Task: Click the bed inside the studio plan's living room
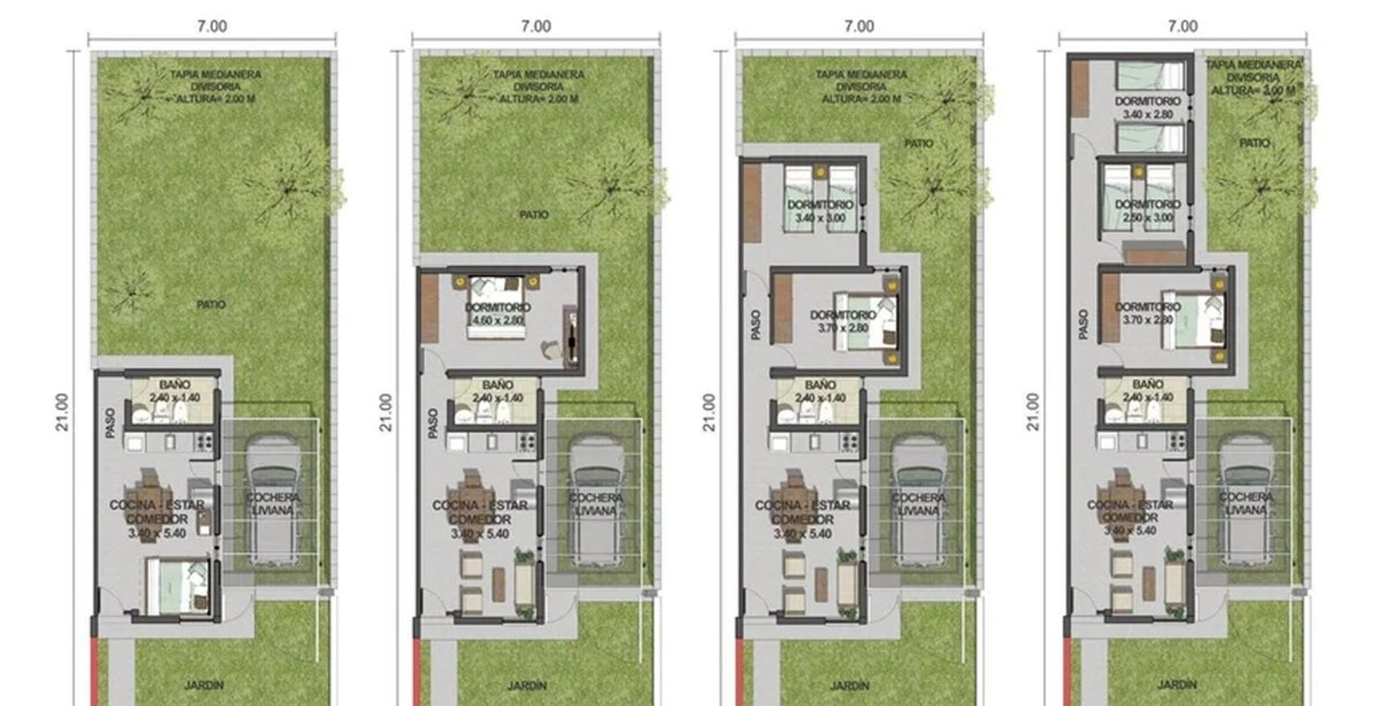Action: point(177,586)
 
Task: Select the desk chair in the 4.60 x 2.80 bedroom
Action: point(550,350)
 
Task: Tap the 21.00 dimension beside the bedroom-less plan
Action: point(62,412)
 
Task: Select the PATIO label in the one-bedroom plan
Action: point(534,214)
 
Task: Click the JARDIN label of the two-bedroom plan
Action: point(849,686)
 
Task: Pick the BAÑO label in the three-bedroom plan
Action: point(1147,384)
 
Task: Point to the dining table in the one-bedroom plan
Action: point(471,503)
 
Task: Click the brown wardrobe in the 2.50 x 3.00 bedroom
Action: point(1154,252)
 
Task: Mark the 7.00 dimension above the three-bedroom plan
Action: point(1183,26)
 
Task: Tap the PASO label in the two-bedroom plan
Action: point(756,324)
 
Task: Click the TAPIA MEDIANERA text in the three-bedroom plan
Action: point(1253,65)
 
